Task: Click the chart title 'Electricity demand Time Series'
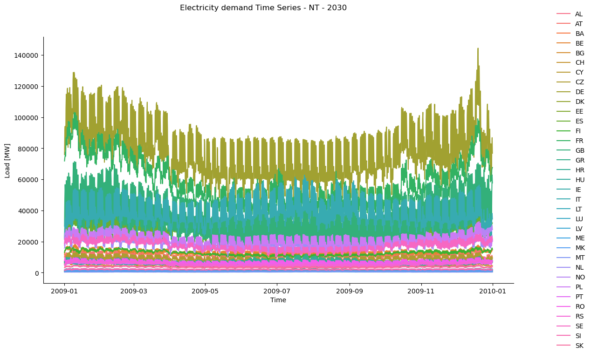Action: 263,8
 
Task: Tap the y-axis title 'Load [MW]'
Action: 7,160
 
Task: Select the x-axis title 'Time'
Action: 278,300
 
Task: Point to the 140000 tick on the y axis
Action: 27,55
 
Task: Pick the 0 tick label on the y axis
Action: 37,273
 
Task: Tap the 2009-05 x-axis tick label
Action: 205,291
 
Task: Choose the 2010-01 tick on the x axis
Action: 493,291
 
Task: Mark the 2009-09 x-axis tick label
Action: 350,291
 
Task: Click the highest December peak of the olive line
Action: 478,48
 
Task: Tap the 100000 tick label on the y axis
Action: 27,117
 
